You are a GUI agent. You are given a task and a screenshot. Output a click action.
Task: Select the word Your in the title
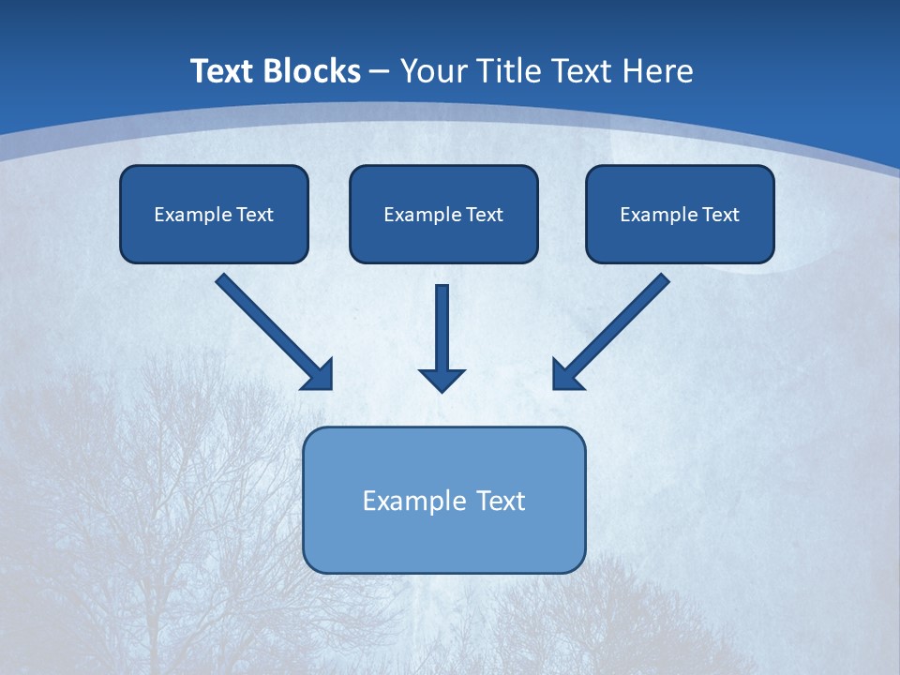tap(435, 71)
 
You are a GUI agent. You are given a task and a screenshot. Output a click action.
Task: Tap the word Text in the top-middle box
tap(484, 215)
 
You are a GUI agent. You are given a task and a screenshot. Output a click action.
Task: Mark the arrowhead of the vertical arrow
tap(442, 379)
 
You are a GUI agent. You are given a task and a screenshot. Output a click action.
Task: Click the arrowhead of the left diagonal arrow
tap(319, 374)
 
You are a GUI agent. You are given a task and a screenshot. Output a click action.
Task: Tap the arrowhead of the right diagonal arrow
tap(566, 374)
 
